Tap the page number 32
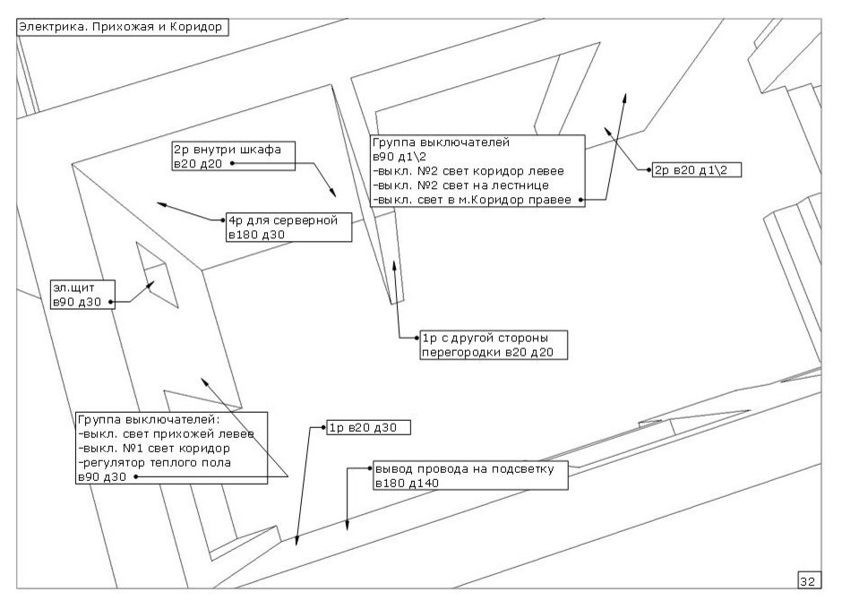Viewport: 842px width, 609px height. (x=806, y=581)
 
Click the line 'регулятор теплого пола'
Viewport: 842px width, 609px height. (x=155, y=462)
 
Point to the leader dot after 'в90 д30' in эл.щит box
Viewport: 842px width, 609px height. (x=112, y=303)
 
